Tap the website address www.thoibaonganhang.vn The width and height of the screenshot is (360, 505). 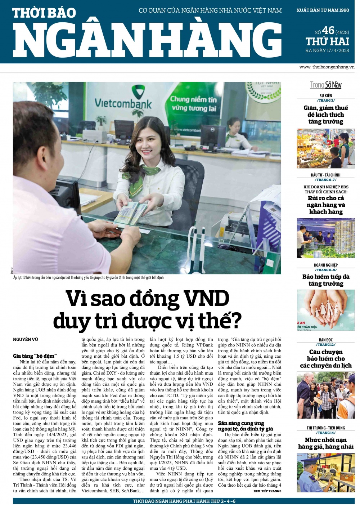[327, 67]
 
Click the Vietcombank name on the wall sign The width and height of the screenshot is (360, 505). [123, 103]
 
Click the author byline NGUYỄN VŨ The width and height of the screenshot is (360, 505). [26, 339]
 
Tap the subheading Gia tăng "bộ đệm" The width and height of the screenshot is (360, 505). [35, 356]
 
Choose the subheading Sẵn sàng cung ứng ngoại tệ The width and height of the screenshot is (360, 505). [245, 426]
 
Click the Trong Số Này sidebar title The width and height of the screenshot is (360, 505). [326, 85]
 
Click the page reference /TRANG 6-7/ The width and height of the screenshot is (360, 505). [326, 180]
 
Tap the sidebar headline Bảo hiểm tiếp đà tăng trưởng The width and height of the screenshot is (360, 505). [326, 280]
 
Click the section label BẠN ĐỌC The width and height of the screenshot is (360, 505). [326, 340]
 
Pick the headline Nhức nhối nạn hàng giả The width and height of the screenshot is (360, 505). [326, 443]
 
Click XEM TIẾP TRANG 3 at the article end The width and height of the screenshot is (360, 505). [267, 491]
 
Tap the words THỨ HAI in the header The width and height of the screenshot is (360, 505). [327, 41]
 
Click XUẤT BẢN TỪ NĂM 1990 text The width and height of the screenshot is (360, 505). [323, 10]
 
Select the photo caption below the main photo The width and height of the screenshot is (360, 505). [89, 277]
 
